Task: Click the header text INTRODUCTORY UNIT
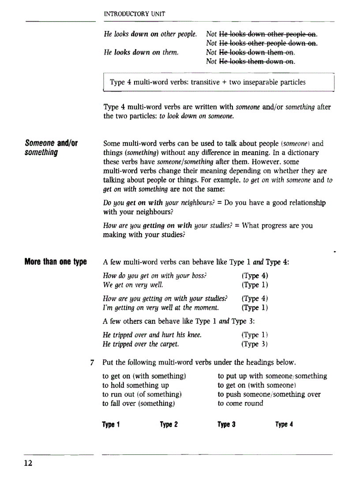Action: pyautogui.click(x=134, y=14)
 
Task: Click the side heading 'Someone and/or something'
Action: pyautogui.click(x=51, y=148)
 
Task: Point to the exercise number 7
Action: pyautogui.click(x=91, y=363)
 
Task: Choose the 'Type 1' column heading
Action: pyautogui.click(x=111, y=424)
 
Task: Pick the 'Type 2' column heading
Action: pyautogui.click(x=169, y=424)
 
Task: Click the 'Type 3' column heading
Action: pyautogui.click(x=226, y=424)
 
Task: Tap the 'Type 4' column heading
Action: pyautogui.click(x=284, y=424)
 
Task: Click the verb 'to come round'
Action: pyautogui.click(x=240, y=403)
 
